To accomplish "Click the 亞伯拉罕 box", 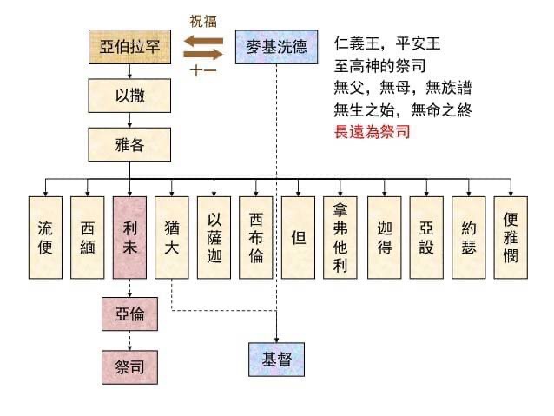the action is point(129,47).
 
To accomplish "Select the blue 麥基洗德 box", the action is point(276,47).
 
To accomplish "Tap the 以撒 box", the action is point(129,96).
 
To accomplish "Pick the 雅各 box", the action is point(129,144).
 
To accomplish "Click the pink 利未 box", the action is point(129,237).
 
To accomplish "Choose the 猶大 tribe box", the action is point(172,237).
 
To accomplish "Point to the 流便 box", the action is point(45,237).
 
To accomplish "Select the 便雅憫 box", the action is point(511,237).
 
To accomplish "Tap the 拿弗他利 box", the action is point(340,237).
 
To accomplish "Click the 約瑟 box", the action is point(469,237).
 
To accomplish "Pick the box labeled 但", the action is point(298,237).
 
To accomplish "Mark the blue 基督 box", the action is point(276,360).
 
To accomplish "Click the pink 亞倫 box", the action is point(129,314).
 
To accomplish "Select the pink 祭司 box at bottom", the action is point(129,366).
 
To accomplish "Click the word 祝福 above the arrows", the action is point(203,21).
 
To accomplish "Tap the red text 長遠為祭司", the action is point(372,132).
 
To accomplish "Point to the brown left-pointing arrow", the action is point(203,41).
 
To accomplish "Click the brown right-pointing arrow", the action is point(203,54).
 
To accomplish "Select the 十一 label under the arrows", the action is point(203,70).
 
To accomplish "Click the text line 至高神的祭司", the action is point(379,66).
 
